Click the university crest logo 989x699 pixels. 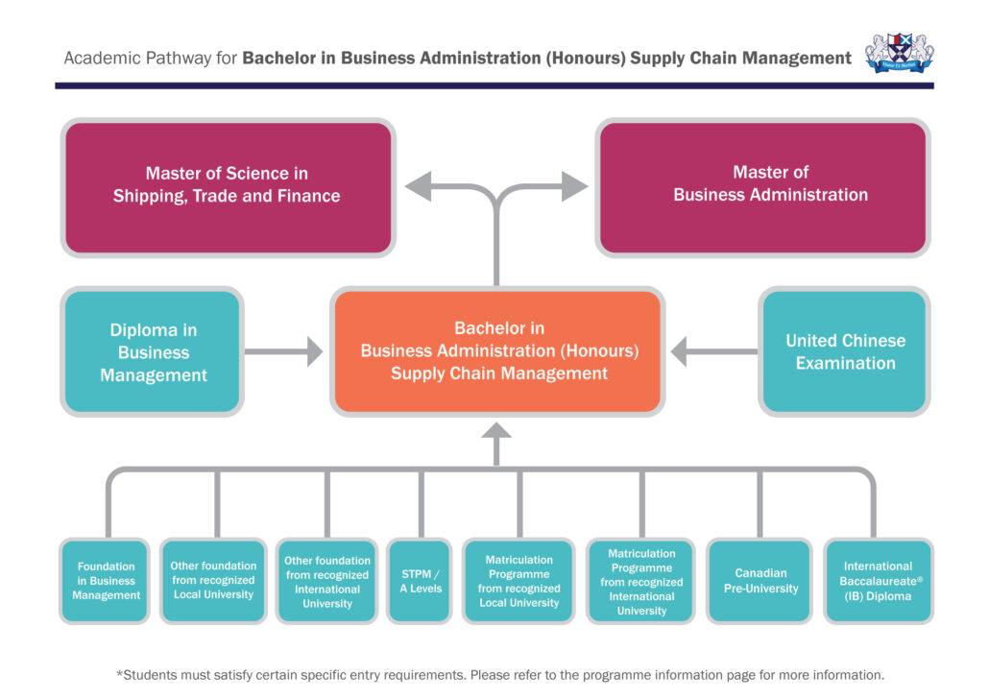coord(899,54)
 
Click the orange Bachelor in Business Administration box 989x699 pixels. coord(498,351)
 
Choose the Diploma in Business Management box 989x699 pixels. coord(154,352)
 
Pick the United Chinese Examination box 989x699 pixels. coord(845,352)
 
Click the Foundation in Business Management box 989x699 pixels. coord(106,581)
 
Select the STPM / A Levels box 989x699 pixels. coord(421,581)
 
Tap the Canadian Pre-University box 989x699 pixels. coord(760,581)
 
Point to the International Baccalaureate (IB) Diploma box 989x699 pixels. coord(878,581)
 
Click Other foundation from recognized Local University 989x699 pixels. coord(213,581)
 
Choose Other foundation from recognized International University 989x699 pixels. coord(327,581)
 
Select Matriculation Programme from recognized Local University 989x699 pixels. coord(519,581)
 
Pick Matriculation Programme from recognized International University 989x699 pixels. coord(641,581)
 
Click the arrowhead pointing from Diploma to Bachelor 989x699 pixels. coord(314,352)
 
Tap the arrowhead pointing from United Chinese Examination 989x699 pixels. coord(680,352)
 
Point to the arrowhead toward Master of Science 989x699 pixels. coord(416,186)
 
